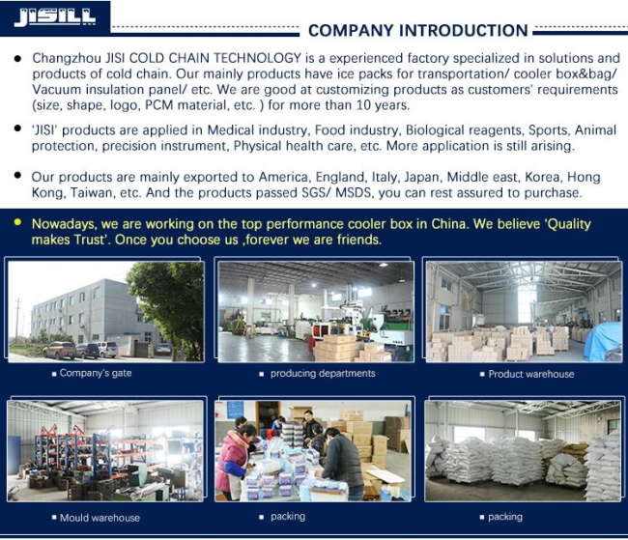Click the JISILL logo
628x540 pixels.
click(55, 17)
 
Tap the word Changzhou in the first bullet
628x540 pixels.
click(67, 59)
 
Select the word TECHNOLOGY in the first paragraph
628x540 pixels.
click(257, 58)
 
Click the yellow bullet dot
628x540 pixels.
click(17, 222)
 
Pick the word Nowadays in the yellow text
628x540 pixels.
click(64, 224)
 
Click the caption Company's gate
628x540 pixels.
click(96, 373)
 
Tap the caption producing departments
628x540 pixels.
click(323, 373)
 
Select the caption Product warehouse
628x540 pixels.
click(531, 374)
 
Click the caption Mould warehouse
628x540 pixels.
click(100, 518)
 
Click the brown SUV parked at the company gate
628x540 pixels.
click(59, 350)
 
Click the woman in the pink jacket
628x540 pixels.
click(233, 461)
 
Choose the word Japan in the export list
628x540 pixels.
click(422, 178)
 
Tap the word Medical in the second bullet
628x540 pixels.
click(230, 130)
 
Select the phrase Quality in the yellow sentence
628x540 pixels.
click(569, 224)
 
